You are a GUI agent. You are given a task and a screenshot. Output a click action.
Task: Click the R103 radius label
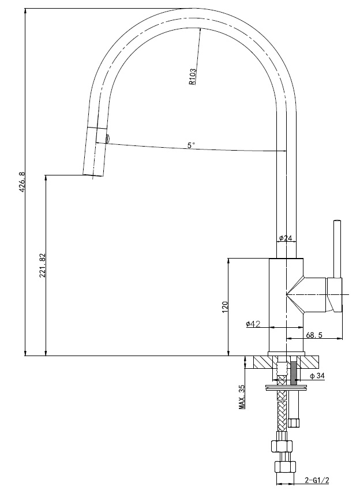pos(193,77)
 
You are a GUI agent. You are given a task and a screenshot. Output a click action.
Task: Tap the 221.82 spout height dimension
pos(43,265)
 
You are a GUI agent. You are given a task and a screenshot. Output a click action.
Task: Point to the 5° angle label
pos(191,145)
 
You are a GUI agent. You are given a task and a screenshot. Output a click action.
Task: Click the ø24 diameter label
pos(286,238)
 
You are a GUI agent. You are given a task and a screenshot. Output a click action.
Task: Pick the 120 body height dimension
pos(225,307)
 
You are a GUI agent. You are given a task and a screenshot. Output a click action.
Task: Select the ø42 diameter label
pos(253,324)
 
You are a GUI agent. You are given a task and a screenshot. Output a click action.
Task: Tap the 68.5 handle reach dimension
pos(314,335)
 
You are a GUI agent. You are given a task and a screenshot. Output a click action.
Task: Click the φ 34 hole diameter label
pos(317,376)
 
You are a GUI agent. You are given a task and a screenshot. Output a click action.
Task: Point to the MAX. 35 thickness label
pos(242,397)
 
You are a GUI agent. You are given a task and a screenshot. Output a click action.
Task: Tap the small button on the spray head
pos(107,139)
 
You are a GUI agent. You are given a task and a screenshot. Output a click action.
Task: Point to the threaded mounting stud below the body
pos(294,372)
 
